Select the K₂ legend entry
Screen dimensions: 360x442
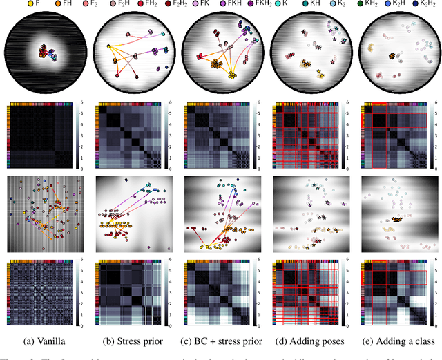point(351,5)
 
